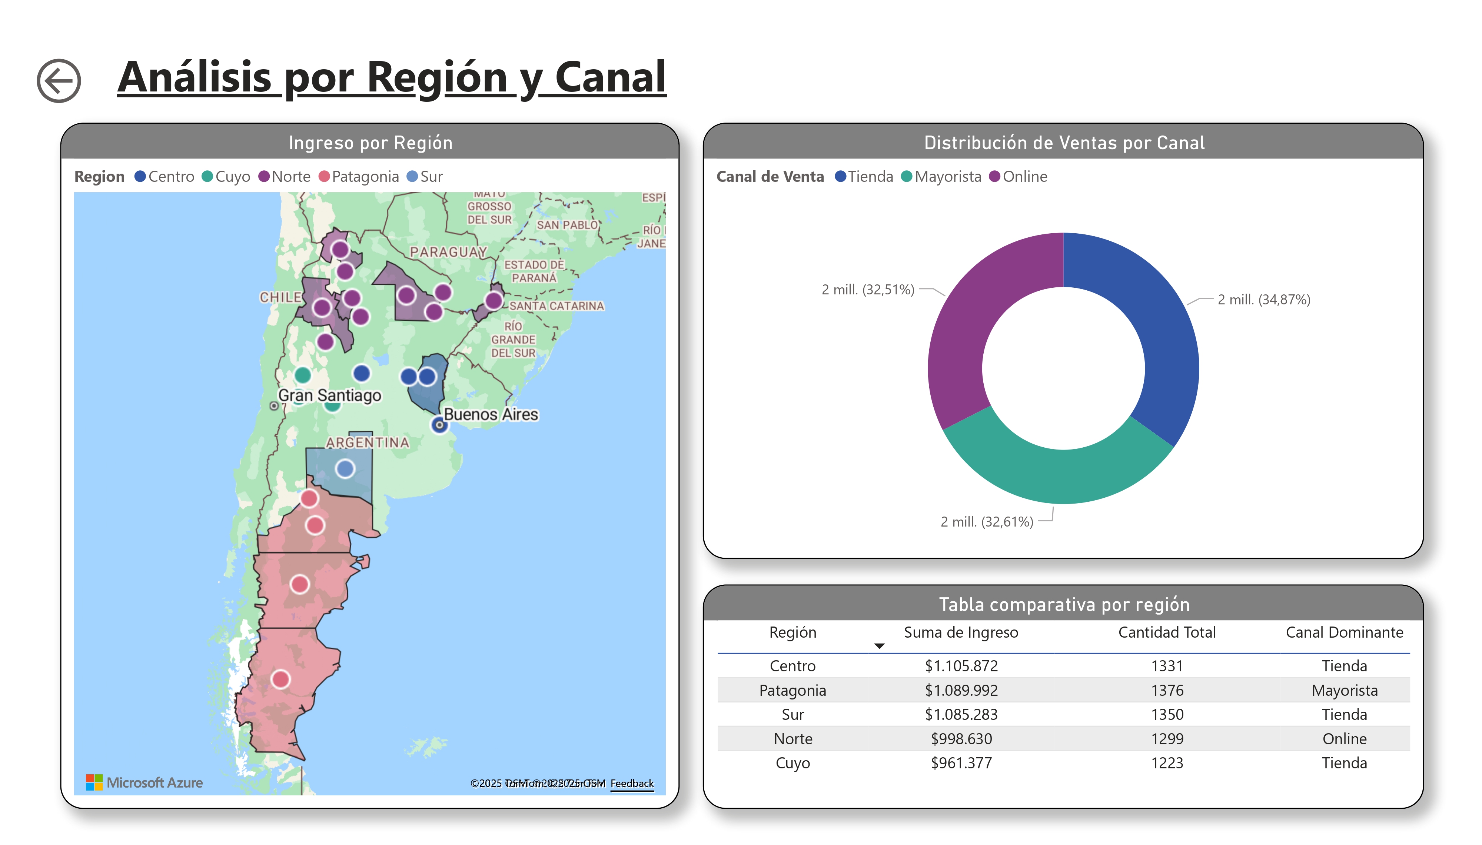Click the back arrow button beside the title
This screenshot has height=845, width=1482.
click(x=59, y=81)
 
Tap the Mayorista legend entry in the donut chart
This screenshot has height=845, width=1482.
click(x=941, y=176)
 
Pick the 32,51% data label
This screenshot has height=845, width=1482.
click(x=867, y=290)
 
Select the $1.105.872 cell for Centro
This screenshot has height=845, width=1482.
click(x=961, y=666)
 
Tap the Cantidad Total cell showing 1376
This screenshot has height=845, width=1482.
click(x=1166, y=690)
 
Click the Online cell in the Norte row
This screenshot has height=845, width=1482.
click(x=1343, y=738)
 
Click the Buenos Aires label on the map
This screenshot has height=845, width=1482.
click(x=491, y=414)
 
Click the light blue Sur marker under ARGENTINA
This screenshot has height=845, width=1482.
click(x=345, y=468)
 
